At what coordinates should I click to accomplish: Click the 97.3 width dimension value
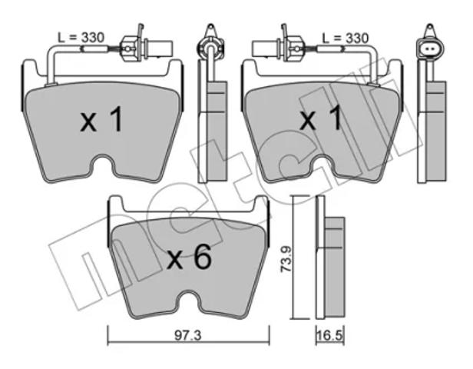point(188,336)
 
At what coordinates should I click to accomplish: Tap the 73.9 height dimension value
point(286,259)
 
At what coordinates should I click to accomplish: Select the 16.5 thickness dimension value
point(330,335)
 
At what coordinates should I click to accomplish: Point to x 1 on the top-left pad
point(101,119)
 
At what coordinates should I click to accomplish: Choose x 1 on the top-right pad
point(321,118)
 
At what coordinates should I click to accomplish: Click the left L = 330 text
point(81,38)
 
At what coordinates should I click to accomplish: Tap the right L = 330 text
point(346,38)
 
